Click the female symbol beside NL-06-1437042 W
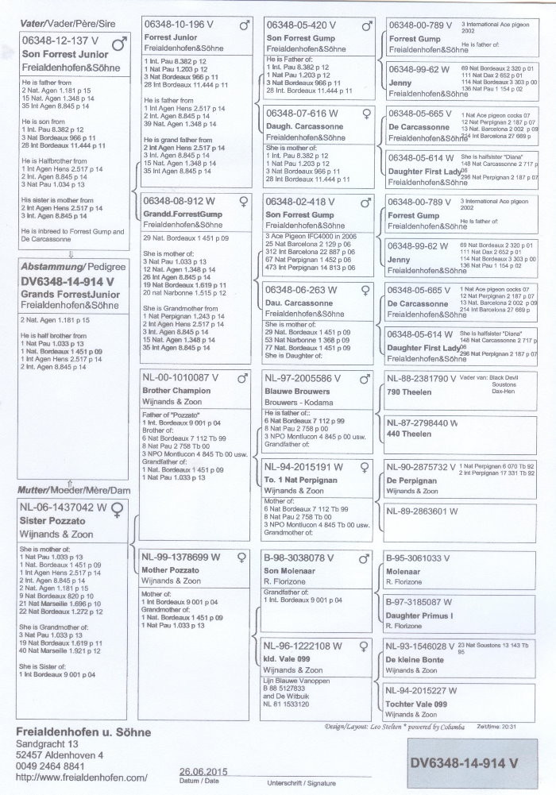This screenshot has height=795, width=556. click(118, 507)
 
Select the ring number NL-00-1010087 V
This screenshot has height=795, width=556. click(181, 378)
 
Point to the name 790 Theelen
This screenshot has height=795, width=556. click(409, 392)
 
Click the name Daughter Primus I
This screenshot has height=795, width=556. click(419, 616)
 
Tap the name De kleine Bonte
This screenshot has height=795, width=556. click(415, 660)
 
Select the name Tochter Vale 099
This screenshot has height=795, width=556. click(418, 704)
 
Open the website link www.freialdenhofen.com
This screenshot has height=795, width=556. click(82, 777)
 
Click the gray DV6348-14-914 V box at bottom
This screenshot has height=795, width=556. click(465, 762)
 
